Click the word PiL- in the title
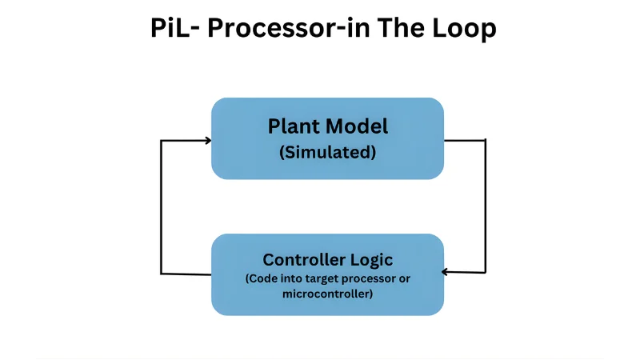(173, 29)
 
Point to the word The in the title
(397, 29)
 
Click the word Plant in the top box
(291, 126)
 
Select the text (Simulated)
(327, 152)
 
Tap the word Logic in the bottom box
(370, 260)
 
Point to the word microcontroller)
(327, 294)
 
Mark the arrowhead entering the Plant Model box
(207, 141)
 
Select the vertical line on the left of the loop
(162, 207)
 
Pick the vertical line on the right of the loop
(486, 206)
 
